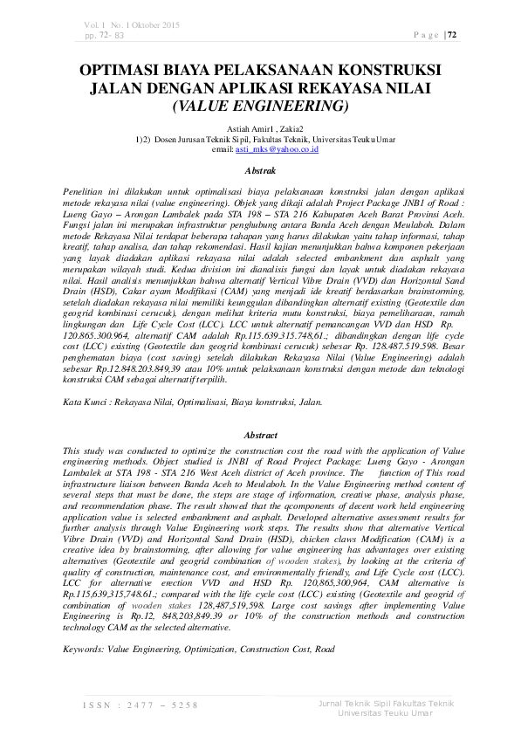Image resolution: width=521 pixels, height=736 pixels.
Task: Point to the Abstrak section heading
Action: [x=260, y=174]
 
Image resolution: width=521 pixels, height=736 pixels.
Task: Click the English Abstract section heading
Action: [x=260, y=434]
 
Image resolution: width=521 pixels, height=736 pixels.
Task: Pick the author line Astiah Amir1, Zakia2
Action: [x=260, y=128]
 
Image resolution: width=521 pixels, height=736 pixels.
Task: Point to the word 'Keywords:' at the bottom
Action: [x=85, y=650]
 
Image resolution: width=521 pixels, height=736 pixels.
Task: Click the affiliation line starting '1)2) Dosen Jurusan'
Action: [x=260, y=139]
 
